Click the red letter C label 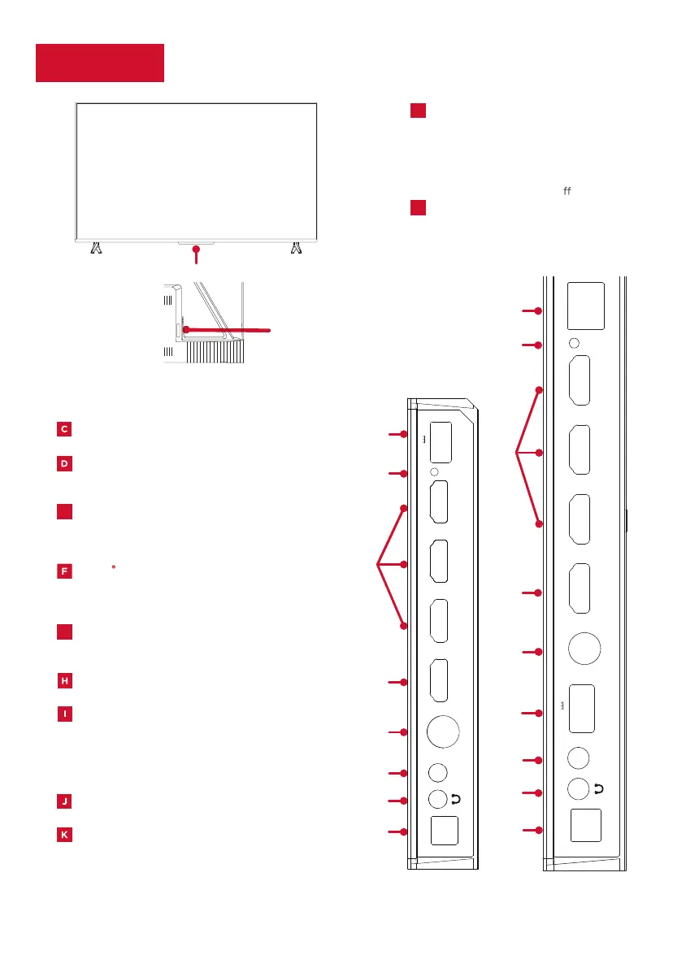point(64,429)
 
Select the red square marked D point(64,464)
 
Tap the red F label point(64,571)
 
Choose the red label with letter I point(64,714)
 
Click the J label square point(64,801)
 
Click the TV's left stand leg point(96,247)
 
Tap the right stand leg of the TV point(296,247)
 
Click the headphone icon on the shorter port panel point(455,800)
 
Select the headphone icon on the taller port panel point(599,788)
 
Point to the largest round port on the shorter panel point(442,730)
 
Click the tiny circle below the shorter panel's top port point(434,472)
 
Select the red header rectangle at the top point(100,63)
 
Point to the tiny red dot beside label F point(114,564)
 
